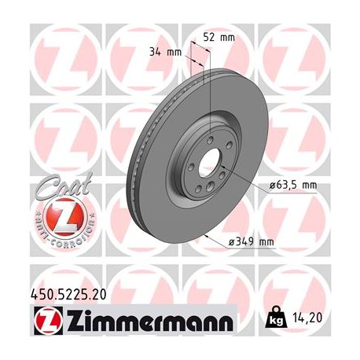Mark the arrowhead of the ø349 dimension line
pos(206,233)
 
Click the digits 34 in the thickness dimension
pos(155,53)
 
